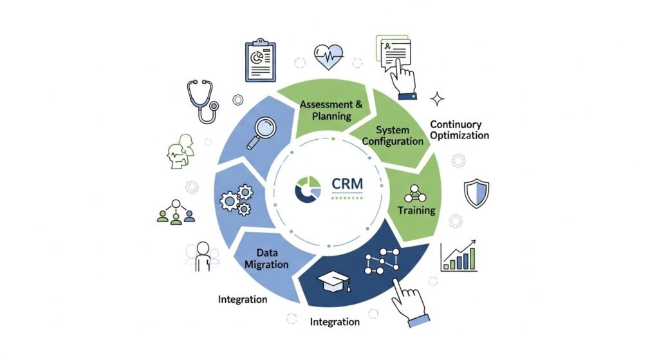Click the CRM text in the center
[x=347, y=183]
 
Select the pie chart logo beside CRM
[x=307, y=188]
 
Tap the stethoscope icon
[x=201, y=100]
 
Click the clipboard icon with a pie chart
[x=260, y=61]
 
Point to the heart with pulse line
[x=328, y=57]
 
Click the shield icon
[x=476, y=193]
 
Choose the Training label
[x=416, y=210]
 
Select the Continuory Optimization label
[x=459, y=129]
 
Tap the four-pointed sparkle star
[x=438, y=99]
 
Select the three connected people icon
[x=176, y=211]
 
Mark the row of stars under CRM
[x=347, y=198]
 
